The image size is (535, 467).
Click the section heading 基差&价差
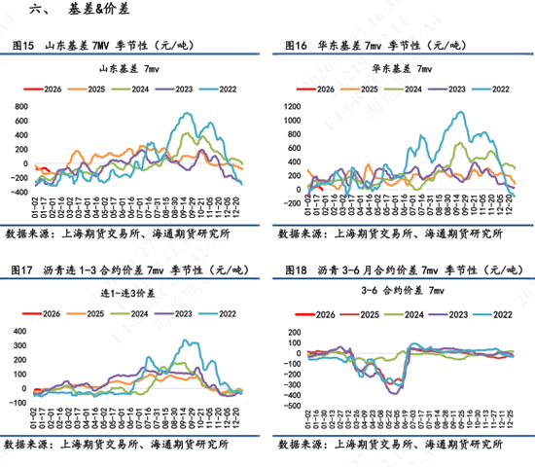coord(98,12)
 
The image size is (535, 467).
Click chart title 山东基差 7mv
coord(135,70)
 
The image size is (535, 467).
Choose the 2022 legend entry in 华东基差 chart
coord(492,88)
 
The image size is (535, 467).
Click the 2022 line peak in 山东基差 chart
coord(190,114)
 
